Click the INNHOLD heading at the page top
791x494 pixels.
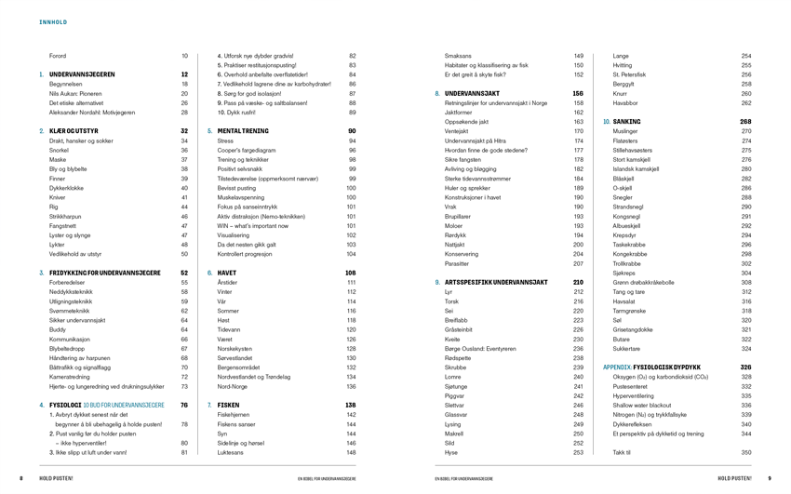click(52, 20)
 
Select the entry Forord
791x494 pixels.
click(58, 56)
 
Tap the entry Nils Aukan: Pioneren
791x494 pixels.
click(76, 93)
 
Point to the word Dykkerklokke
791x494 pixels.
click(67, 187)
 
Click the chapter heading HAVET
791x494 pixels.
click(227, 273)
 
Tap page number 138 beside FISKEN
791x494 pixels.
click(351, 405)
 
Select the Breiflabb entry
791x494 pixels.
click(459, 319)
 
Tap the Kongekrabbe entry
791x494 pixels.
click(632, 253)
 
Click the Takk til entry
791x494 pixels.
click(623, 452)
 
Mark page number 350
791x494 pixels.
click(745, 452)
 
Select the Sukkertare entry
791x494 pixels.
click(628, 348)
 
